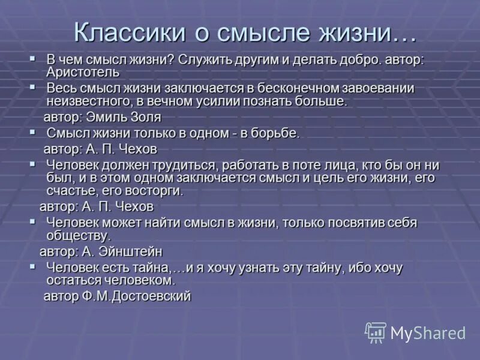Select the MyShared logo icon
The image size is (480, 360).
(x=376, y=332)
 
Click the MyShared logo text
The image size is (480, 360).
(x=428, y=333)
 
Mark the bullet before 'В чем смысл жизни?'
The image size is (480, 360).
(x=33, y=58)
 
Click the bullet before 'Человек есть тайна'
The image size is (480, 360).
(x=33, y=266)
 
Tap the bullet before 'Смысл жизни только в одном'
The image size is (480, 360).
(x=33, y=131)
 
